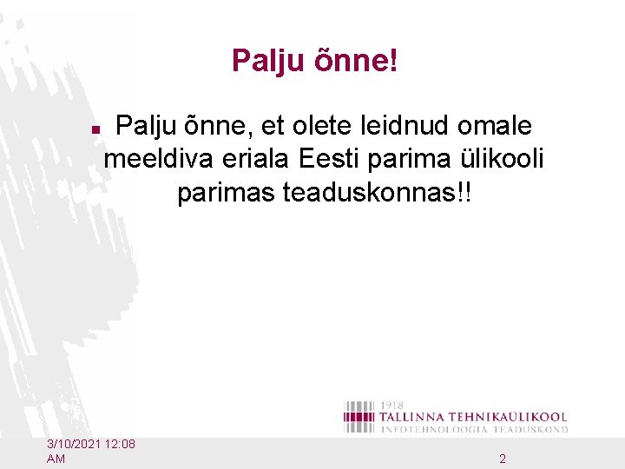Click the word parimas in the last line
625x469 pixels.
coord(227,193)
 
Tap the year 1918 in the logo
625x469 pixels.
coord(391,406)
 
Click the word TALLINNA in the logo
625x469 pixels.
coord(418,417)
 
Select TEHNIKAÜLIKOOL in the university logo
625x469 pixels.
coord(513,417)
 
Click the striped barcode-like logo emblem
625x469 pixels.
coord(359,417)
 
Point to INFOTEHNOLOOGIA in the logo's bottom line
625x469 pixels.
coord(434,429)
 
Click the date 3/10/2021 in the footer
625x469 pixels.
coord(77,445)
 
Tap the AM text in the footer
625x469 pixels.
coord(56,458)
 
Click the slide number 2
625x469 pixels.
coord(503,458)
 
